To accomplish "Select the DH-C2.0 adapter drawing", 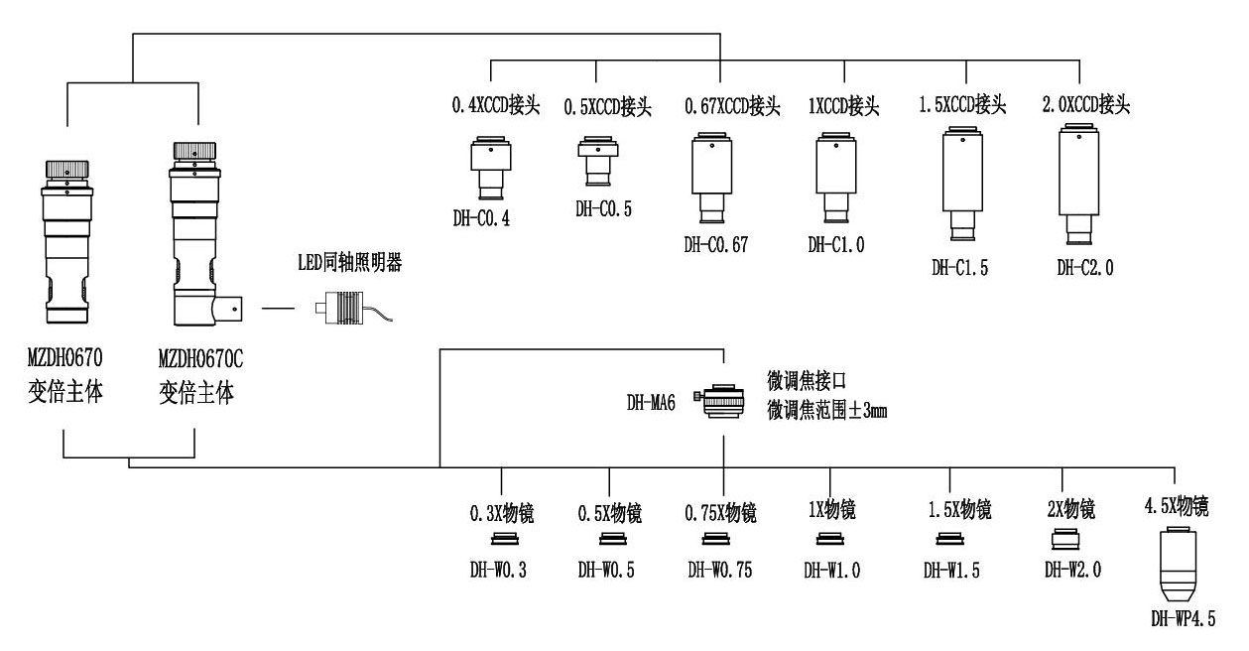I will (x=1076, y=185).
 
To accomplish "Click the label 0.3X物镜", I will (x=501, y=514).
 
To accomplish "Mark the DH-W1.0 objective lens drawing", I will (x=830, y=541).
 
